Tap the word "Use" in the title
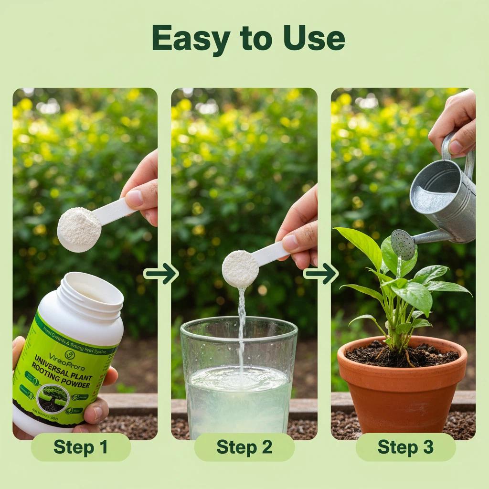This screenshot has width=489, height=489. point(314,38)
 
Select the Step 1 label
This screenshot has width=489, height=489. point(80,447)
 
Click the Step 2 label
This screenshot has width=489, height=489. point(244,447)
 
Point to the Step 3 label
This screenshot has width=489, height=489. point(405,447)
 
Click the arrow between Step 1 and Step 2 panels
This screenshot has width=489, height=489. point(161,273)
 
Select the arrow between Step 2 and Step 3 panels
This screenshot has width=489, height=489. point(320,273)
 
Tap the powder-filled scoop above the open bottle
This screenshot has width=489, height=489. point(79,229)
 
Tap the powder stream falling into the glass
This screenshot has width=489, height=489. point(241,325)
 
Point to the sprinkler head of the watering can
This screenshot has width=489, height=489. point(403,244)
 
